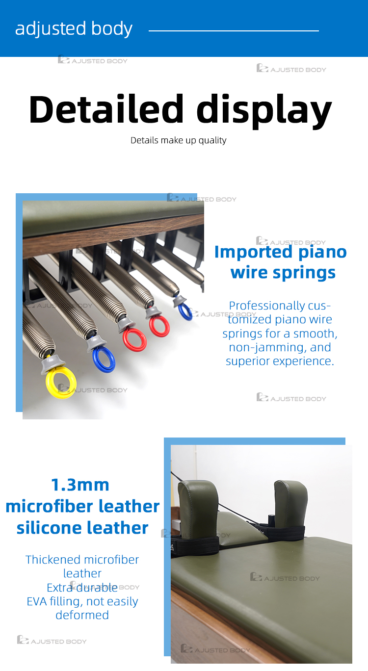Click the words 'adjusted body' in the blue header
tap(74, 29)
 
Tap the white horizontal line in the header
tap(234, 31)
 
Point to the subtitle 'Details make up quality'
tap(179, 140)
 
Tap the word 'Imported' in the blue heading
tap(253, 252)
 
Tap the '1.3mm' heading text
tap(80, 485)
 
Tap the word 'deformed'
tap(82, 615)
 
